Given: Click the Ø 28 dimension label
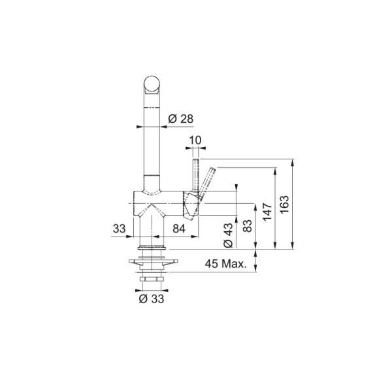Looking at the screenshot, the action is point(181,118).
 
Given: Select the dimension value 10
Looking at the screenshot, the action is point(195,140).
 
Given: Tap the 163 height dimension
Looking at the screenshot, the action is point(284,204).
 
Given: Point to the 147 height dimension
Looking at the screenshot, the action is point(267,212).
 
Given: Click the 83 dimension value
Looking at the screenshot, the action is point(247,226).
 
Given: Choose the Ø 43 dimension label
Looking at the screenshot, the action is point(228,235).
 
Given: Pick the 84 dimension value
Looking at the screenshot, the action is point(179,229).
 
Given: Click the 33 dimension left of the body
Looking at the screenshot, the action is point(119,229).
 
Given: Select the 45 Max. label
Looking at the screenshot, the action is point(226,263).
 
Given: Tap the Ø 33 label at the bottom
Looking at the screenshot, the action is point(152,299).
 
